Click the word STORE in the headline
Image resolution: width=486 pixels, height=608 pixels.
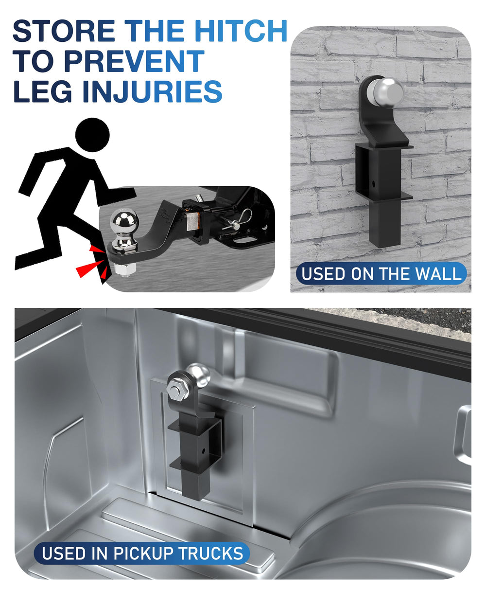64,31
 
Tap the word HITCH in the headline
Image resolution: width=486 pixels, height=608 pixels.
241,31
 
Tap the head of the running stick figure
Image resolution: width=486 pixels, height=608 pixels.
92,135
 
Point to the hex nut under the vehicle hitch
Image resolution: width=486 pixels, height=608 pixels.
126,269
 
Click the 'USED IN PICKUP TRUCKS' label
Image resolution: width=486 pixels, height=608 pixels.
142,553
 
